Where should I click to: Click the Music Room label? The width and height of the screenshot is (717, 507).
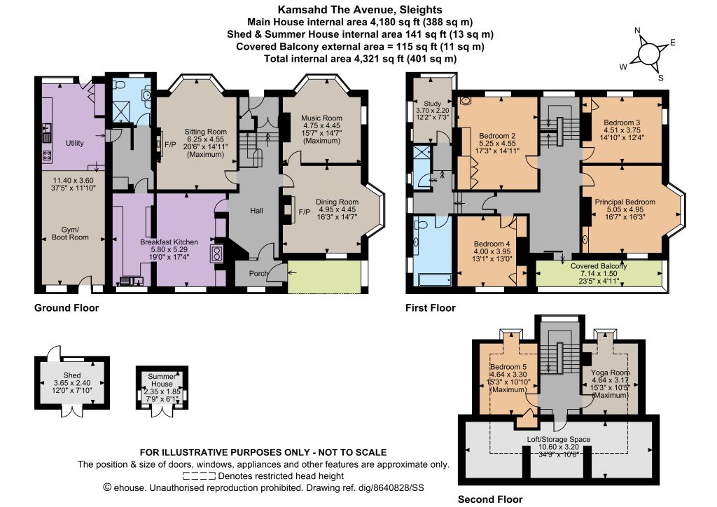coord(322,118)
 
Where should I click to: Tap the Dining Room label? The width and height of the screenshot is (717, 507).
coord(337,202)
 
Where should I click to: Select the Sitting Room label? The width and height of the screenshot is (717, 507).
coord(205,132)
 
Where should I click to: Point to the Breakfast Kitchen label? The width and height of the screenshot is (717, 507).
coord(169,242)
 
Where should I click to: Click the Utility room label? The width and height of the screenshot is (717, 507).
coord(74,143)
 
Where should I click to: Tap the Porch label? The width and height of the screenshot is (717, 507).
coord(258,273)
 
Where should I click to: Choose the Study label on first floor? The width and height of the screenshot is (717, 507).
coord(432,104)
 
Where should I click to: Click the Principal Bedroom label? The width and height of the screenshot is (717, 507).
coord(625,202)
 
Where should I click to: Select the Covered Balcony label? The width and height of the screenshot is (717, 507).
coord(599,265)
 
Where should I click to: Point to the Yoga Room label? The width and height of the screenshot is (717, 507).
coord(610,372)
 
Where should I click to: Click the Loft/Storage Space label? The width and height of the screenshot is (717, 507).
coord(558,439)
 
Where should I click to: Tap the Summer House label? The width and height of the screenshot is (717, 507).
coord(162,380)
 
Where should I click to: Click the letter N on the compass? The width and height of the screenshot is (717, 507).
coord(637,31)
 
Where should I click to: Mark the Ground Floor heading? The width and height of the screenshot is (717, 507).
coord(67,307)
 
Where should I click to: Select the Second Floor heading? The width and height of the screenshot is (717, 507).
coord(490,499)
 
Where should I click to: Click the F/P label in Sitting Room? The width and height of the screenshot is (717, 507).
coord(170,144)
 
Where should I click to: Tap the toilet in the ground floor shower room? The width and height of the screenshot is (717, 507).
coord(120,85)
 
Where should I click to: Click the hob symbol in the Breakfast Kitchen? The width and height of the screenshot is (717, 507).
coord(216,253)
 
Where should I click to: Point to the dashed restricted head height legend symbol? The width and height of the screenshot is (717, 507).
coord(199,476)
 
